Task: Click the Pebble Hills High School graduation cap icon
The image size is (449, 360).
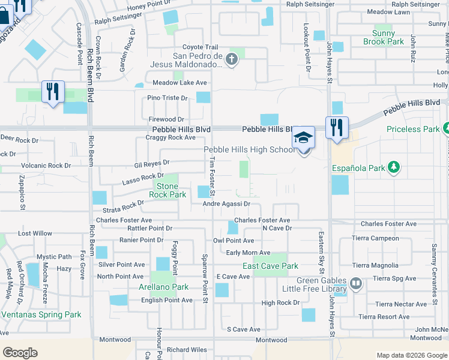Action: [304, 137]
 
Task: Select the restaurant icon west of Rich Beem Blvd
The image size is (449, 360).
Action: [53, 92]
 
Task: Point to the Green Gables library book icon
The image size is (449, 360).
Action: [356, 283]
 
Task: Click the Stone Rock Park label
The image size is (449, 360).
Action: [167, 190]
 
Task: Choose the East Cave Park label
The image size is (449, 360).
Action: [270, 266]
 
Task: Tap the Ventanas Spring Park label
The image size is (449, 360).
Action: [41, 314]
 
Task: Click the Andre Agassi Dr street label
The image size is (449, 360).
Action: [226, 204]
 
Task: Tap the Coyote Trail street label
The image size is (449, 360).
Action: [200, 47]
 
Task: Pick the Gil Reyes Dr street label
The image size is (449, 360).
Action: [152, 163]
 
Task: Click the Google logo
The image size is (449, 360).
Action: [20, 353]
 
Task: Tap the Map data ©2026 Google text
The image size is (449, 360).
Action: [411, 355]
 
